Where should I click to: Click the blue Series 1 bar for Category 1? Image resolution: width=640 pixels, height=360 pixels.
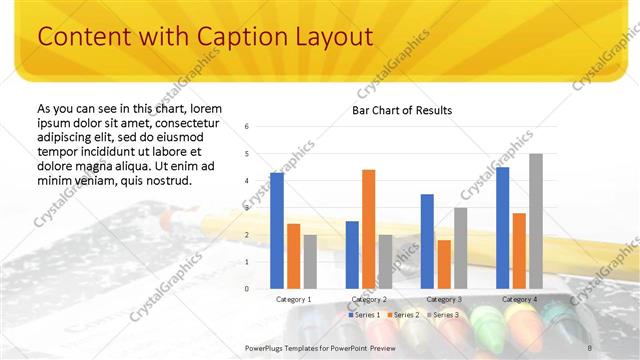tap(276, 230)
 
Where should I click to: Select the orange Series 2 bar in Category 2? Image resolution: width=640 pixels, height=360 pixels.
tap(368, 228)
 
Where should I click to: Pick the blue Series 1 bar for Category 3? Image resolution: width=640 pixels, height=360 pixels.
tap(427, 241)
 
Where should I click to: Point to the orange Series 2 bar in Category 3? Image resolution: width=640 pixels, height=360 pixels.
tap(444, 264)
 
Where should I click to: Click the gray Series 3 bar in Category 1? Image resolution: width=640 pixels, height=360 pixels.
tap(310, 261)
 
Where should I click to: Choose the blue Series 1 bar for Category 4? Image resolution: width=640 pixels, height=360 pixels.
tap(502, 227)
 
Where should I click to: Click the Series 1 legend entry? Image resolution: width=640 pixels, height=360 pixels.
tap(364, 315)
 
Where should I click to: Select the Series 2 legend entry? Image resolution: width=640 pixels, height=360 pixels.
tap(402, 315)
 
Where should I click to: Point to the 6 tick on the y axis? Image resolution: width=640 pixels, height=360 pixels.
tap(247, 127)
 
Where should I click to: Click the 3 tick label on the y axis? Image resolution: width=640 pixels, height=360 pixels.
tap(247, 208)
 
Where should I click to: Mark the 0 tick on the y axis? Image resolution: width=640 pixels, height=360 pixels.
tap(247, 289)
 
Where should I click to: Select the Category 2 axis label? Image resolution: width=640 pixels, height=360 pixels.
tap(369, 299)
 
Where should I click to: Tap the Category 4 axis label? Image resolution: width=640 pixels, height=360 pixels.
tap(519, 299)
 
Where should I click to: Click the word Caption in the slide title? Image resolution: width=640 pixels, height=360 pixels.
tap(214, 37)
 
